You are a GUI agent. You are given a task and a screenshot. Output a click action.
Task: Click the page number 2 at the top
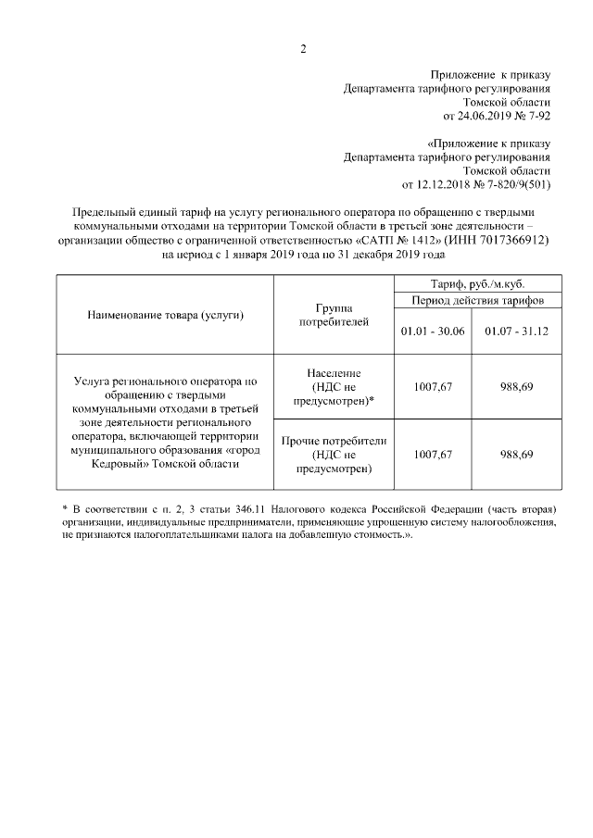click(302, 48)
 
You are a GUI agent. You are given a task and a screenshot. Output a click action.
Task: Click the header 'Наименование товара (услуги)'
click(166, 316)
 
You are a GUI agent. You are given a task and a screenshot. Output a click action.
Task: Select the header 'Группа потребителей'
click(334, 315)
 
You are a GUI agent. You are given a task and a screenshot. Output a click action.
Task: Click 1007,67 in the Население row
click(434, 386)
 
